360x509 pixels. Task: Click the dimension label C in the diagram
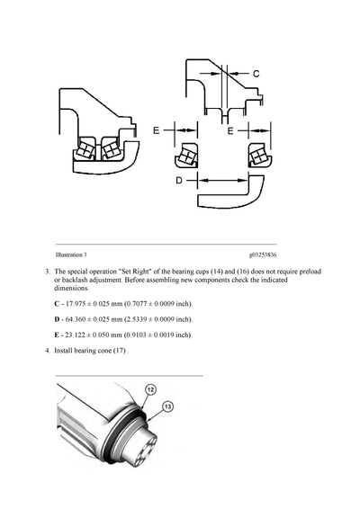coord(255,72)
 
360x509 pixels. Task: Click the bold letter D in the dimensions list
coord(58,319)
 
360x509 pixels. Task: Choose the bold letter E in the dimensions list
coord(58,335)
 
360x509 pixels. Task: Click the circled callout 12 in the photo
coord(150,390)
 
